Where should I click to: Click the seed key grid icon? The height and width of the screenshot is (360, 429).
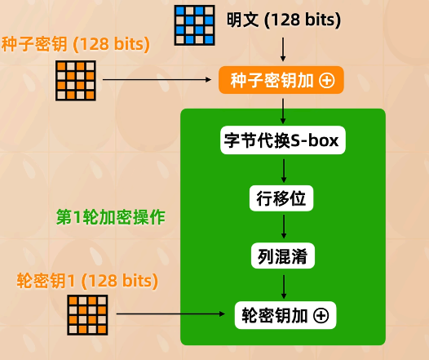click(x=76, y=79)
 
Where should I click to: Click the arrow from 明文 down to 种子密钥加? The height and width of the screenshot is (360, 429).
click(x=282, y=51)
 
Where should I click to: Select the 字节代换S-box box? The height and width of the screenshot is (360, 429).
click(x=283, y=140)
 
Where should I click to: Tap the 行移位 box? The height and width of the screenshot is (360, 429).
click(x=282, y=198)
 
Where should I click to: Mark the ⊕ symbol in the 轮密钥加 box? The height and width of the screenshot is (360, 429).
click(x=321, y=314)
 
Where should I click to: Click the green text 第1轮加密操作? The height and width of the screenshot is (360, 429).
click(x=111, y=217)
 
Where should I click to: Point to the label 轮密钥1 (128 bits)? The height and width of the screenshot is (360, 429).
click(x=87, y=280)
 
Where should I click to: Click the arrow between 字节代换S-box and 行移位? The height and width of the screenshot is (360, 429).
click(x=283, y=169)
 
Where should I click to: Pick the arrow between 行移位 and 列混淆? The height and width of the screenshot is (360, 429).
click(x=283, y=227)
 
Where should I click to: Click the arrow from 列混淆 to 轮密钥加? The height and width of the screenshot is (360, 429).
click(x=283, y=285)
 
